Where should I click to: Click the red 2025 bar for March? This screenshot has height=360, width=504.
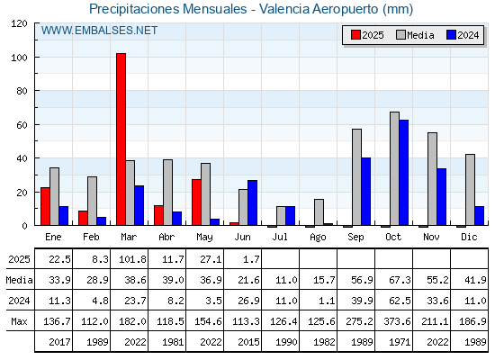pyautogui.click(x=121, y=139)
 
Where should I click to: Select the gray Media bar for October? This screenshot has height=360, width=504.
pyautogui.click(x=395, y=168)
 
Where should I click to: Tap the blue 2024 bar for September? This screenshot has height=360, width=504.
pyautogui.click(x=366, y=192)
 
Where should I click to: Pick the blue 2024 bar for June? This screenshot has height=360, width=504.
pyautogui.click(x=253, y=202)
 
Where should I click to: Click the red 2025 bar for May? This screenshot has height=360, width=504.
pyautogui.click(x=197, y=202)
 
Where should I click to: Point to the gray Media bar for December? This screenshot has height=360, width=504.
pyautogui.click(x=470, y=190)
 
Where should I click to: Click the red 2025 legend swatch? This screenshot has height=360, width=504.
pyautogui.click(x=355, y=35)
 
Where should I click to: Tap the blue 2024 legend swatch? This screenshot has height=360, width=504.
pyautogui.click(x=451, y=35)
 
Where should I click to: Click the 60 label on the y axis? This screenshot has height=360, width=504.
pyautogui.click(x=22, y=125)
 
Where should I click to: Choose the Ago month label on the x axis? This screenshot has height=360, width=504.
pyautogui.click(x=318, y=238)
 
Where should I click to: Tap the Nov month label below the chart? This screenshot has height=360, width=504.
pyautogui.click(x=431, y=237)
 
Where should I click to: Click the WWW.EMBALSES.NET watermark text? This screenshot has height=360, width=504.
pyautogui.click(x=99, y=31)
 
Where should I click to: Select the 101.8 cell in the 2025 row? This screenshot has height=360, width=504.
pyautogui.click(x=132, y=259)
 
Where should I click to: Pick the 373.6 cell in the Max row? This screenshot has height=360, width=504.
pyautogui.click(x=397, y=321)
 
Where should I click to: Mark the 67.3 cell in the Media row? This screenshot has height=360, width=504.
pyautogui.click(x=400, y=280)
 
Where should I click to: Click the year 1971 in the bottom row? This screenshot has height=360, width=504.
pyautogui.click(x=400, y=342)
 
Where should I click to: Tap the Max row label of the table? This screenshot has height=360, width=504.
pyautogui.click(x=19, y=321)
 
